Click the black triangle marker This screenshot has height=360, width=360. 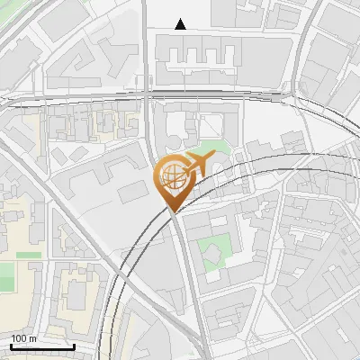coord(181,24)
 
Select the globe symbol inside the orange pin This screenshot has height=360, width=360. coord(171,174)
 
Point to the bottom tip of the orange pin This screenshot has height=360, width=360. coord(173,210)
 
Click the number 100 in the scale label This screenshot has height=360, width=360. coord(19,338)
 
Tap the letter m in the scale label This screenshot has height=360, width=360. coord(32,338)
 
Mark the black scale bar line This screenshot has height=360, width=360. coord(42,346)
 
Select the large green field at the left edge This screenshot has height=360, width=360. coord(6,275)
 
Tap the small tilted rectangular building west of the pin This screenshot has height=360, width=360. coord(130,191)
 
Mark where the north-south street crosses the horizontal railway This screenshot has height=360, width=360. coord(148,95)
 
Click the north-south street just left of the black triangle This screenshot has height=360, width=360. coord(145,27)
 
